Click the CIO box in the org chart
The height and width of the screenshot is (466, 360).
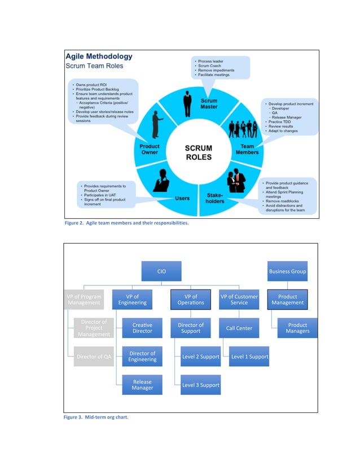click(x=161, y=271)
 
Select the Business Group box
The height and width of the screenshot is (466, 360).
click(x=287, y=271)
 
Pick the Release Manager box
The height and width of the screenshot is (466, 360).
click(x=142, y=385)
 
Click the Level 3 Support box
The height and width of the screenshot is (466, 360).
click(x=200, y=385)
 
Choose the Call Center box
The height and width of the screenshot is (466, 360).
click(x=239, y=328)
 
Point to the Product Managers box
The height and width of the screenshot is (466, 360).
click(x=297, y=328)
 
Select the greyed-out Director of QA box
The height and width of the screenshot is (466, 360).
click(x=94, y=357)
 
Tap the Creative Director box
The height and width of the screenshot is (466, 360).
click(x=142, y=328)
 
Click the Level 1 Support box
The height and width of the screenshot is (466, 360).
click(x=249, y=357)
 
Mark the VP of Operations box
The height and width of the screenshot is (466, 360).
click(x=191, y=300)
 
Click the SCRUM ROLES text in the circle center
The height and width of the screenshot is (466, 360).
click(x=199, y=153)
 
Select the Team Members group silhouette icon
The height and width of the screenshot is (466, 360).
click(x=243, y=130)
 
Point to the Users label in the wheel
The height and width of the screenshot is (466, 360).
click(x=182, y=199)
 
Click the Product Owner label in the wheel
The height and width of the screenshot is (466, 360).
click(x=150, y=150)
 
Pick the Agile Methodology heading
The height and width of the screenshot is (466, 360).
click(x=99, y=56)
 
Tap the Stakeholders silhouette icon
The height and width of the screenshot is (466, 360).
click(x=236, y=182)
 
